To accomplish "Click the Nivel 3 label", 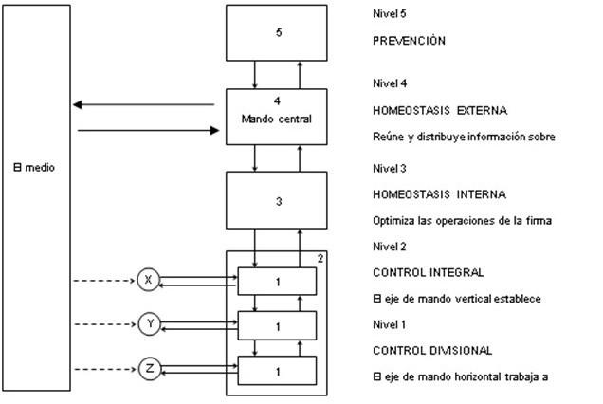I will coord(392,168).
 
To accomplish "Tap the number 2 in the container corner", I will coord(320,258).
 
